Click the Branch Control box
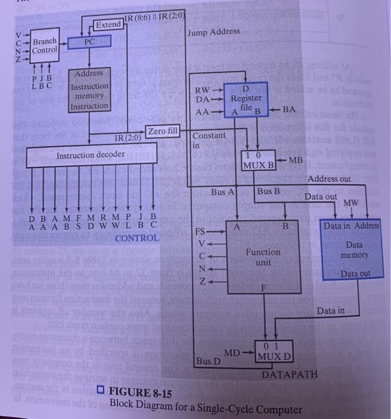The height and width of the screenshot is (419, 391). [x=44, y=46]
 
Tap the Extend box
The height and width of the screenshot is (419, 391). [x=108, y=25]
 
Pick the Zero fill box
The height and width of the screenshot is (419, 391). [x=163, y=131]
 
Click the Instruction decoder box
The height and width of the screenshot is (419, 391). [x=90, y=156]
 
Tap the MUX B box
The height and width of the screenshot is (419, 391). [x=258, y=160]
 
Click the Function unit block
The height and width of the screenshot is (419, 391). [x=263, y=257]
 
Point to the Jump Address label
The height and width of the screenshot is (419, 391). [x=213, y=31]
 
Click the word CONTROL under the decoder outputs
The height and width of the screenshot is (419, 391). [x=137, y=238]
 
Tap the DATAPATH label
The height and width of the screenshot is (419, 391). [x=289, y=374]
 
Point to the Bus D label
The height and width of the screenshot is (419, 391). [x=208, y=362]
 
